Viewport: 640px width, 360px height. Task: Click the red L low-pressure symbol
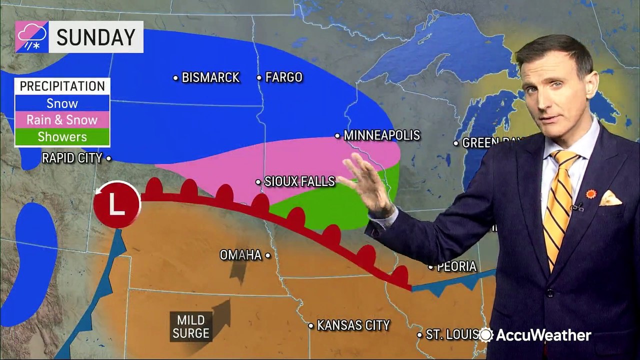point(117,204)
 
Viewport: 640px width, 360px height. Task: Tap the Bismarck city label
point(210,77)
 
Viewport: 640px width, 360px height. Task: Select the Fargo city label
point(283,77)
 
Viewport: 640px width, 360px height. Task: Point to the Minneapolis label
point(381,135)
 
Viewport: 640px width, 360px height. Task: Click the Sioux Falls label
point(299,181)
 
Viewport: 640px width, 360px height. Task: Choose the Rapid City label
point(72,158)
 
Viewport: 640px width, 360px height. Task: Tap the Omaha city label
point(240,255)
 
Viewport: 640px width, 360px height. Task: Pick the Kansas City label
point(353,325)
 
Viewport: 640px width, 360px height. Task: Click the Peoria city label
point(456,267)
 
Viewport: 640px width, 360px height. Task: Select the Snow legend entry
point(62,103)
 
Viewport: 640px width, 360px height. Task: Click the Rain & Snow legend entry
point(62,120)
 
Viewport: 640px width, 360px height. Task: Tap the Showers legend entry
point(62,136)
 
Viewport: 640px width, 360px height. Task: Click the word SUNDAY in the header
point(95,37)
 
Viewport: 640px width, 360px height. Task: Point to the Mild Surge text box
point(190,326)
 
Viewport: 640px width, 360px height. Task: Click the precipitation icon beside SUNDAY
point(32,37)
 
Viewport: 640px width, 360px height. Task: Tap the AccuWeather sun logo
point(485,334)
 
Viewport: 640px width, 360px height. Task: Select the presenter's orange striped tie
point(559,205)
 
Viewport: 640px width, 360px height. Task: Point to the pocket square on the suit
point(610,198)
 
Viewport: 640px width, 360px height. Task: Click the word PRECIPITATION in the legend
point(62,86)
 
